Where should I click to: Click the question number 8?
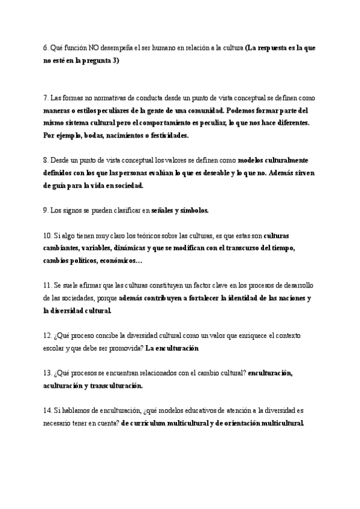click(46, 161)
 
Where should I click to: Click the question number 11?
click(48, 286)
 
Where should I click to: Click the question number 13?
click(48, 373)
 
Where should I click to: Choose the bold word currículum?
click(154, 423)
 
